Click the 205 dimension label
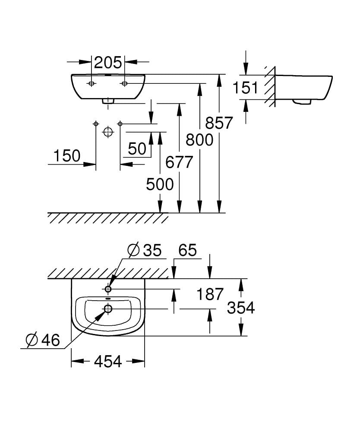108,63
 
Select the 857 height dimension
219,123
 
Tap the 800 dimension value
199,140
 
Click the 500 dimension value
160,184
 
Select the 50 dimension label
137,149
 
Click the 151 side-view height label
245,88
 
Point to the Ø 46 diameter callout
42,340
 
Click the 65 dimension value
187,250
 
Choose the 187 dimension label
210,294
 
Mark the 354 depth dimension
241,308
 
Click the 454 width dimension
107,361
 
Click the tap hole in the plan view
108,289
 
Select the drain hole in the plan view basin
108,308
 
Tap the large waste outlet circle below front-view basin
108,132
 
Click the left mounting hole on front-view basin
92,83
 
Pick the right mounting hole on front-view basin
124,83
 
